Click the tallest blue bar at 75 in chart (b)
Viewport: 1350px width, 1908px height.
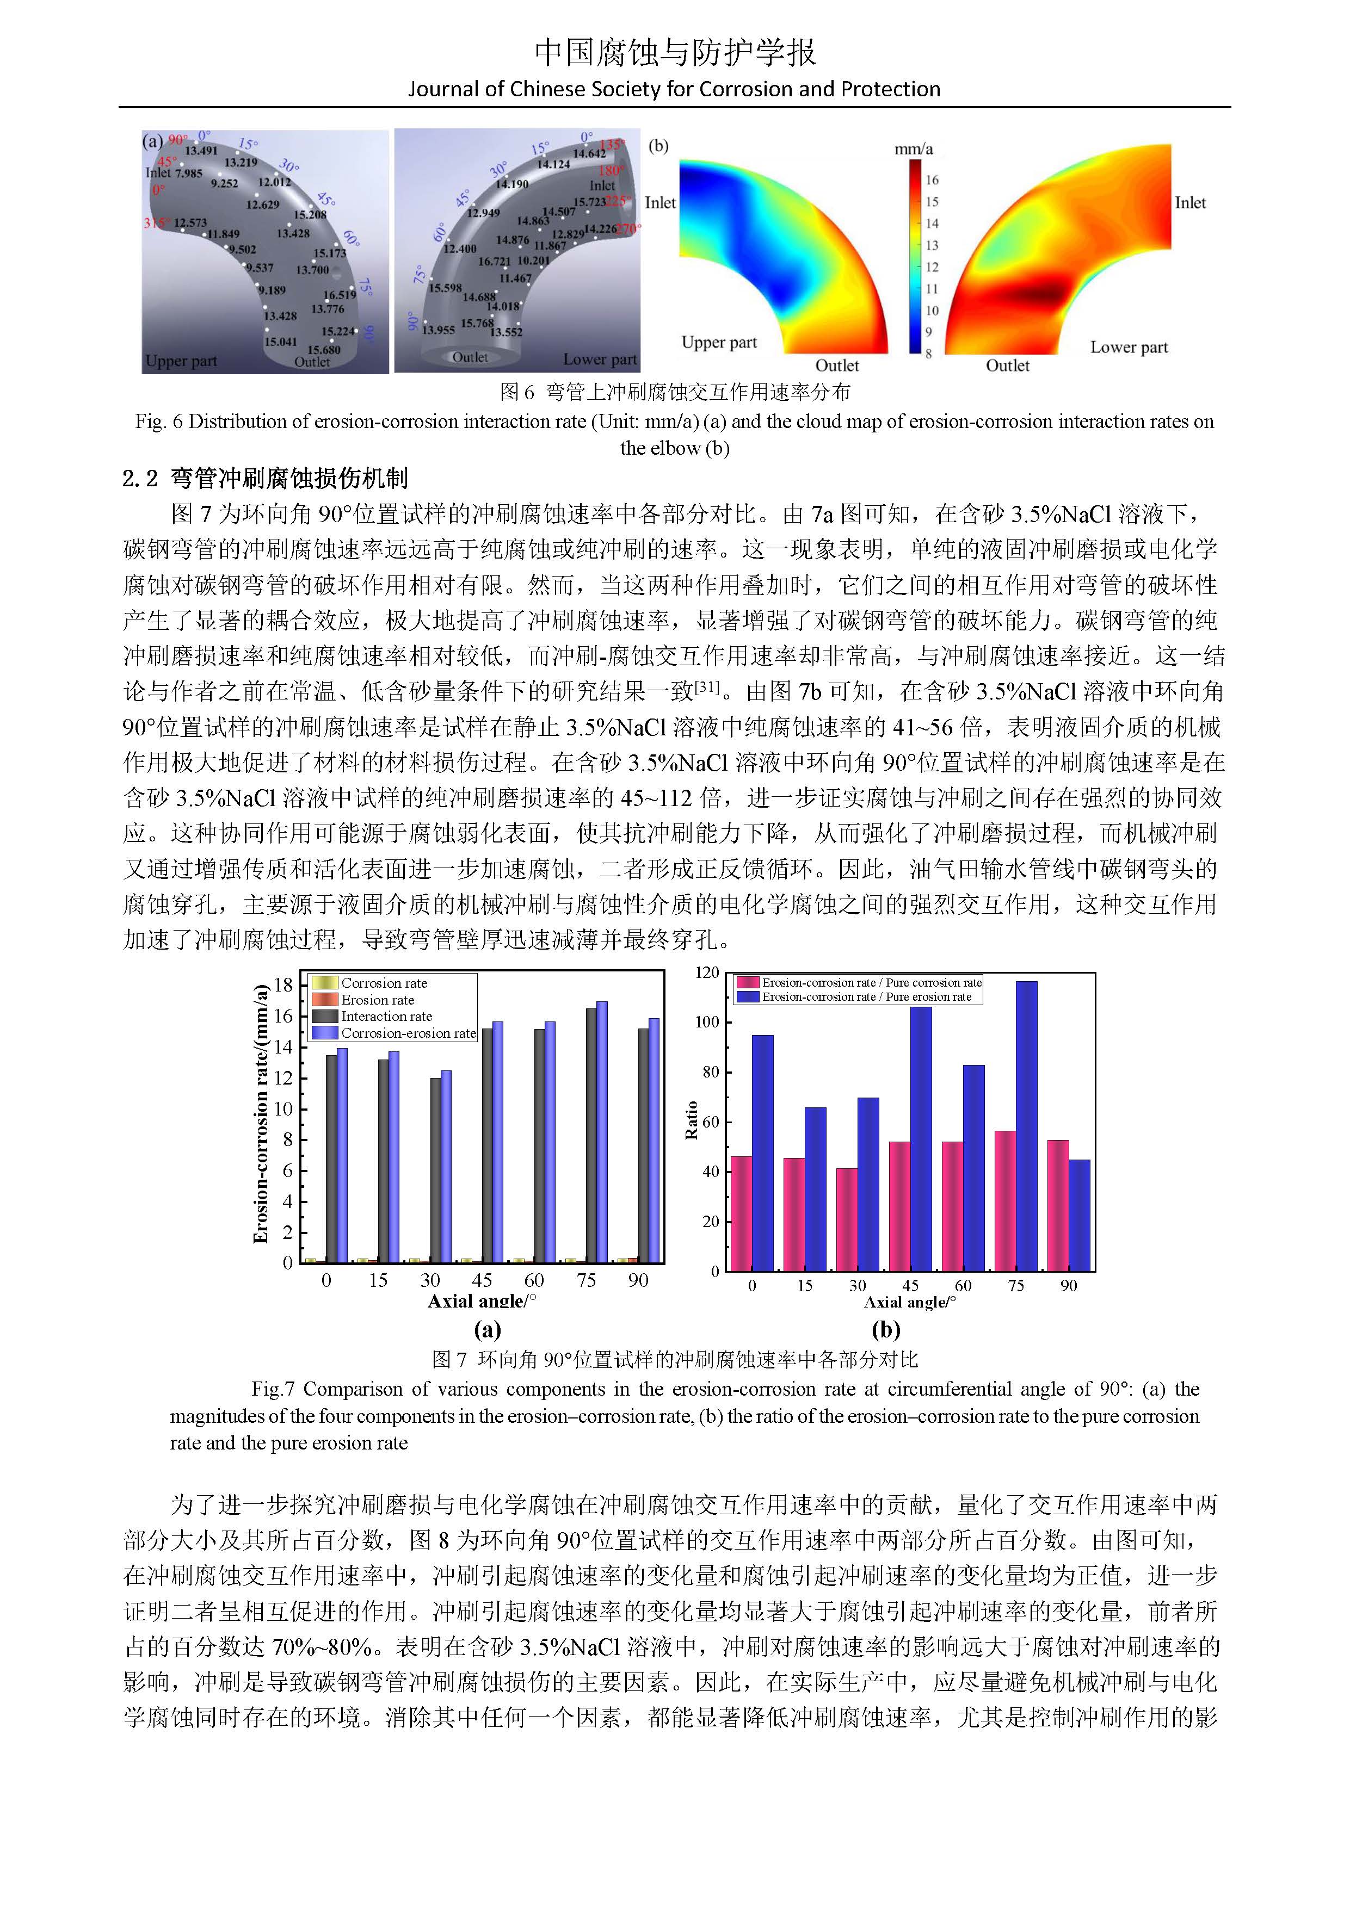coord(1027,1126)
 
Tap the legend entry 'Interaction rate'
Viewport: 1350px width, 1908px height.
coord(386,1017)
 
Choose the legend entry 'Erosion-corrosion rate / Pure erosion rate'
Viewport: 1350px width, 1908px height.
coord(866,997)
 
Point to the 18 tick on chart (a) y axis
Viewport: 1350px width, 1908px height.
coord(284,986)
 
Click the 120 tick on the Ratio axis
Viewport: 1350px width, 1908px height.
coord(707,972)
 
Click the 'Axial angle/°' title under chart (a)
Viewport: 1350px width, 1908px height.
coord(482,1302)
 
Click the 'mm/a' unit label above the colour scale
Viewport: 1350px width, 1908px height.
coord(914,150)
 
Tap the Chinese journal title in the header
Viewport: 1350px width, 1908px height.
coord(675,52)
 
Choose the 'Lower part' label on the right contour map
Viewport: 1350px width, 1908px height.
coord(1129,348)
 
